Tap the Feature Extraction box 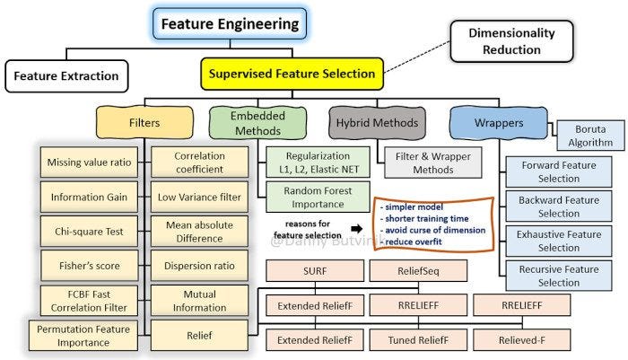coord(65,75)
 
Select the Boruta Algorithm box coord(589,134)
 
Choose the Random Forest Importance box coord(307,198)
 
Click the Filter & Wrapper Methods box coord(425,161)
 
